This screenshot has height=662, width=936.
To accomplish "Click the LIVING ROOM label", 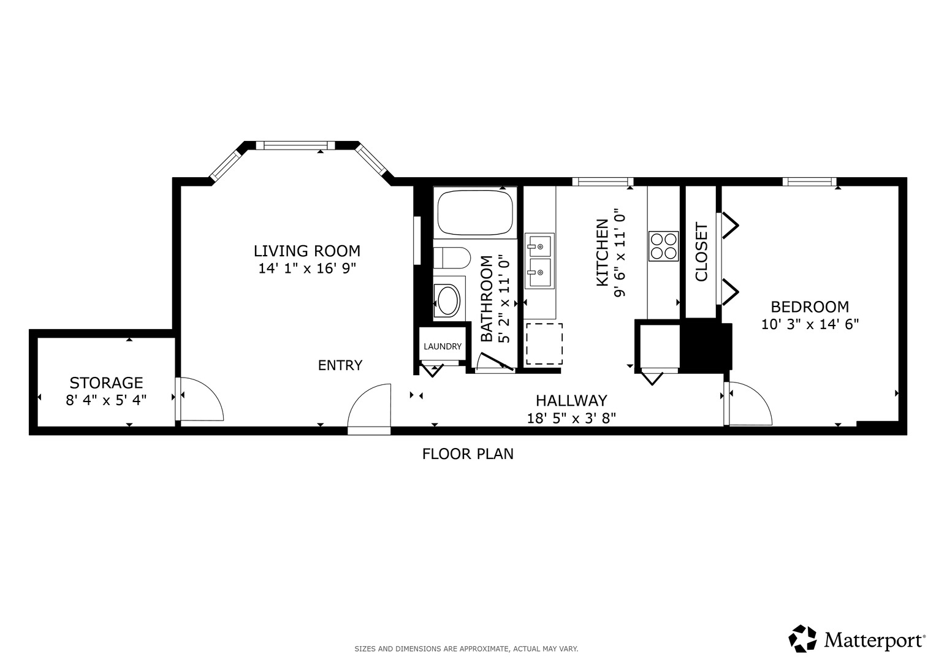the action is pyautogui.click(x=307, y=251).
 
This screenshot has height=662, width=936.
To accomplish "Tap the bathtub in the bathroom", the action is pyautogui.click(x=475, y=213).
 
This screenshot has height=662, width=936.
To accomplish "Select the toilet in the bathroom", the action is pyautogui.click(x=452, y=258).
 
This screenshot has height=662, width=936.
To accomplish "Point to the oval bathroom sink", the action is pyautogui.click(x=447, y=300).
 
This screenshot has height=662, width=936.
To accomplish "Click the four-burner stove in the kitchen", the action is pyautogui.click(x=664, y=246).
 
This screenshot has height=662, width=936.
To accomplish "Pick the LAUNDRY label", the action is pyautogui.click(x=443, y=346).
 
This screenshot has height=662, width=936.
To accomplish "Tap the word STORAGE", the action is pyautogui.click(x=106, y=383).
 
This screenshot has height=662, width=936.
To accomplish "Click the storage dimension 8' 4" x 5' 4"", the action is pyautogui.click(x=106, y=400).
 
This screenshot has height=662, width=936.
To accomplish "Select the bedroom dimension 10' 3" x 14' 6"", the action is pyautogui.click(x=810, y=324).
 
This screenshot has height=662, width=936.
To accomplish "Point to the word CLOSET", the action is pyautogui.click(x=702, y=251).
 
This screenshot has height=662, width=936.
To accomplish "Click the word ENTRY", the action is pyautogui.click(x=340, y=365).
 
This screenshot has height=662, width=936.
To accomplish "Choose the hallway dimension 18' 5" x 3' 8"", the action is pyautogui.click(x=571, y=418).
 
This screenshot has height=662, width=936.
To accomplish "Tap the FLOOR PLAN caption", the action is pyautogui.click(x=468, y=454).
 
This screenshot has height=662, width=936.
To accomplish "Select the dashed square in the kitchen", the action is pyautogui.click(x=544, y=344).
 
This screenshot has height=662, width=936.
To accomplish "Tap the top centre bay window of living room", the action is pyautogui.click(x=299, y=145).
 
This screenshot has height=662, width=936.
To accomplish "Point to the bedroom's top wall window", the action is pyautogui.click(x=809, y=181).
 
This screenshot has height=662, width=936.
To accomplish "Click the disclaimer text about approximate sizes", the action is pyautogui.click(x=466, y=649).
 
